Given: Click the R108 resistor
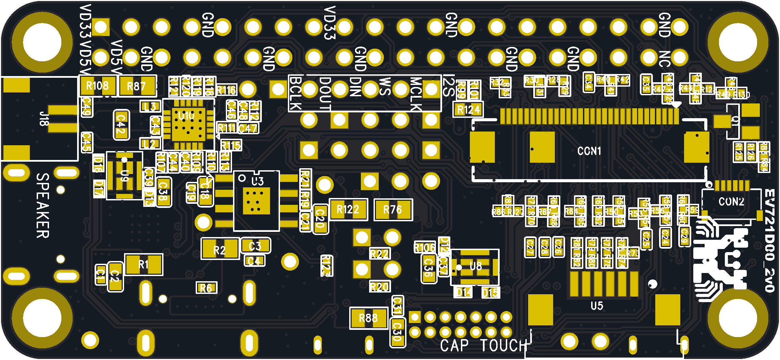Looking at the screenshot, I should click(98, 86).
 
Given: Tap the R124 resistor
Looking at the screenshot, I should click(468, 110).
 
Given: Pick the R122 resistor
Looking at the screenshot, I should click(348, 209).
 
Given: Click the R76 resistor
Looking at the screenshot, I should click(393, 209).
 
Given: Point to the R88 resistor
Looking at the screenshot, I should click(368, 318).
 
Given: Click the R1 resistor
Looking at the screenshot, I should click(144, 264).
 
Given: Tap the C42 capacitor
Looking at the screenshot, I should click(121, 125).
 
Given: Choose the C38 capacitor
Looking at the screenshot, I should click(164, 192).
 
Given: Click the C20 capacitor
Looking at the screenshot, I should click(320, 219).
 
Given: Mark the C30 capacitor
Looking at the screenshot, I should click(398, 332).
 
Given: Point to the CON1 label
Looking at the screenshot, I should click(589, 151).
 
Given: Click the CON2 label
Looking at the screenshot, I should click(731, 201).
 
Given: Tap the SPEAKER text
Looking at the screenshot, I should click(43, 205).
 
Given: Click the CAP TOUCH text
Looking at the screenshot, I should click(484, 345).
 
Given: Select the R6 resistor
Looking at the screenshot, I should click(206, 288).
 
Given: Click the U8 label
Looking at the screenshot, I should click(476, 266).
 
